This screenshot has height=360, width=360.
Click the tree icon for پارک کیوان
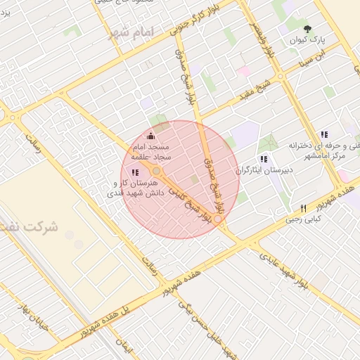[x=307, y=29]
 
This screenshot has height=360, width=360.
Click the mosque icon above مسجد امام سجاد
[x=150, y=136]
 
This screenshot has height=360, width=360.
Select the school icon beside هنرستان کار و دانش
[x=135, y=172]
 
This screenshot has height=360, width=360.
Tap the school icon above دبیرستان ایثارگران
[x=264, y=159]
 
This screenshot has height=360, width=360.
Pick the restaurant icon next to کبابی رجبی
[x=303, y=208]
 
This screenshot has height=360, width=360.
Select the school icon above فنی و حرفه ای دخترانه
[x=324, y=134]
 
